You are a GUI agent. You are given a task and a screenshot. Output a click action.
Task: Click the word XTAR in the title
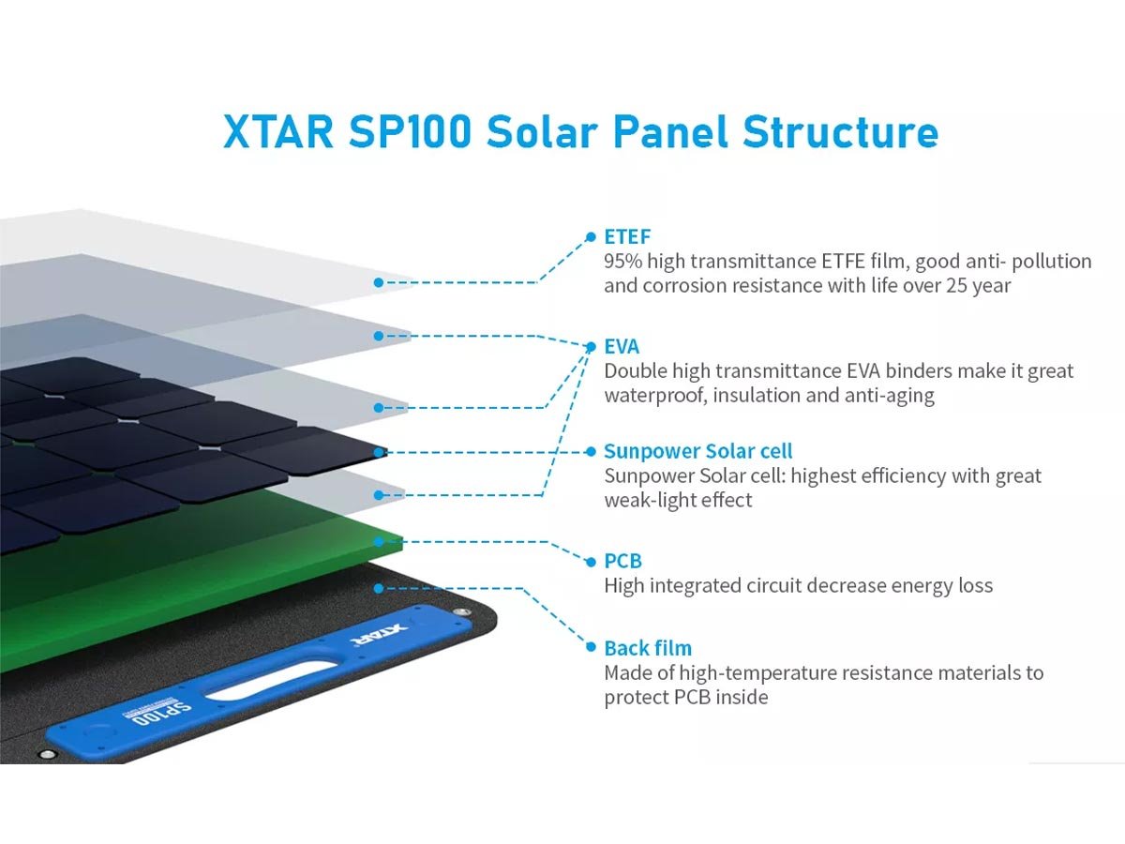278,132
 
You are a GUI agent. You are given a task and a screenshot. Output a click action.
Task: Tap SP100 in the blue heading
410,132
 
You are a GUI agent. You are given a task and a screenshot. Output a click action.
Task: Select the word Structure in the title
841,132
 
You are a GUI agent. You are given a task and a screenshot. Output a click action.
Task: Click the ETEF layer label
627,236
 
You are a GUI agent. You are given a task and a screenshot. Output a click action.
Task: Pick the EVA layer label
622,347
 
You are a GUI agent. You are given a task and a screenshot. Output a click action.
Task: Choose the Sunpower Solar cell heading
698,451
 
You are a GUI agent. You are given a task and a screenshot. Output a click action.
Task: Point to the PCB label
622,561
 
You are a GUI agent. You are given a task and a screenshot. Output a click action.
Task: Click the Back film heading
648,648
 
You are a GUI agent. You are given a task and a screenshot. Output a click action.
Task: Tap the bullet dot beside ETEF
591,236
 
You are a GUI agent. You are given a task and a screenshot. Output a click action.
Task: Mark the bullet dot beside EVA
591,347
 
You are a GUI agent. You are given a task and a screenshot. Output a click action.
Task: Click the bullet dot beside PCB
591,562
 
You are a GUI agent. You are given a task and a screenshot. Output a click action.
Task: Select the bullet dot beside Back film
591,647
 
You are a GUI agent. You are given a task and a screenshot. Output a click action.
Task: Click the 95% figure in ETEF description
622,262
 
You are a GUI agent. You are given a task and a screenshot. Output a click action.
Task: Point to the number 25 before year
956,285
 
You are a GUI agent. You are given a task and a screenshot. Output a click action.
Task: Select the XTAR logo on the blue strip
379,633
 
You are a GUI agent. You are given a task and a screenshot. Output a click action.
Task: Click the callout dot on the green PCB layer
379,542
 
